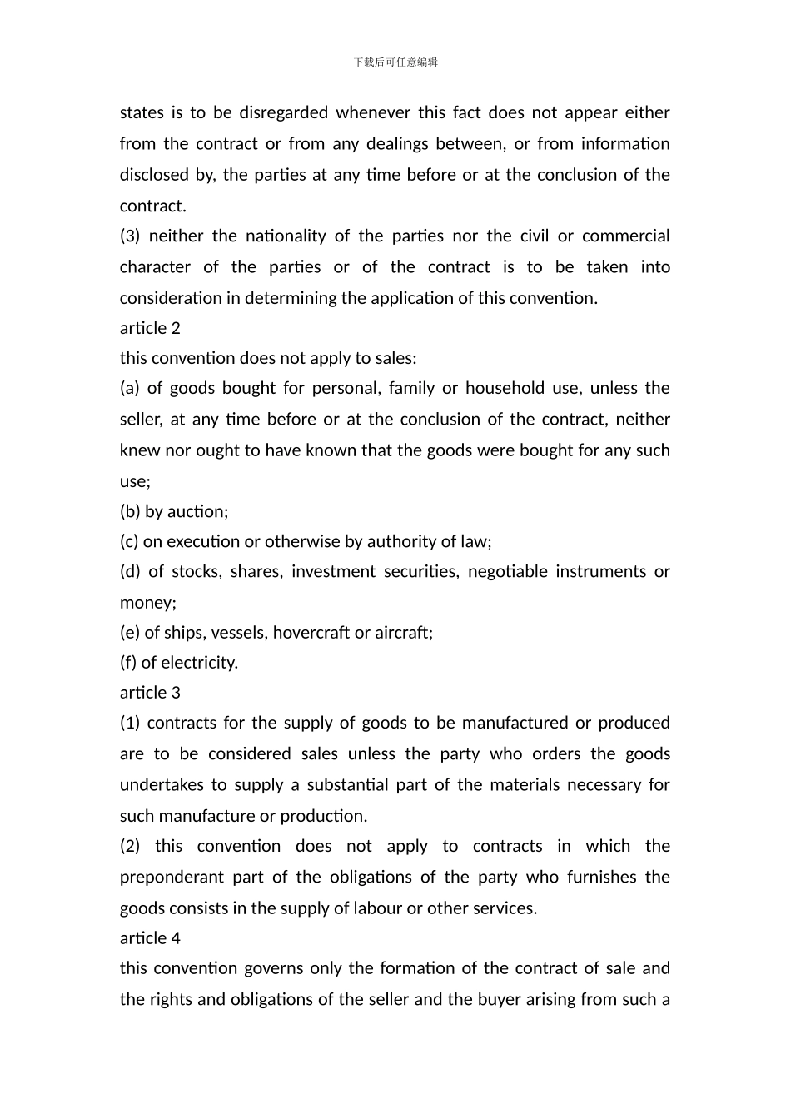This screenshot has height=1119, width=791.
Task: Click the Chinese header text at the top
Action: [395, 62]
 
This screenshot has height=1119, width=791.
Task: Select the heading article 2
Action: [150, 328]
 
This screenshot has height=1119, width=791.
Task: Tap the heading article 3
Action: [150, 693]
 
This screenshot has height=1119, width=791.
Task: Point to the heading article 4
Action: [150, 938]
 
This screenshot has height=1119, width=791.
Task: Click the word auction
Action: [197, 511]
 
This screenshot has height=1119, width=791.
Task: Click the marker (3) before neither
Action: [131, 236]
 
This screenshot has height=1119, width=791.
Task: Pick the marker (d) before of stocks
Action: [130, 572]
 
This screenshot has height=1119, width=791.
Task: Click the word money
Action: [147, 603]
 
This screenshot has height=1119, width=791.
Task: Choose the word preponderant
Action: [171, 878]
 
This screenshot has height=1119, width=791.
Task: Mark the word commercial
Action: [625, 236]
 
